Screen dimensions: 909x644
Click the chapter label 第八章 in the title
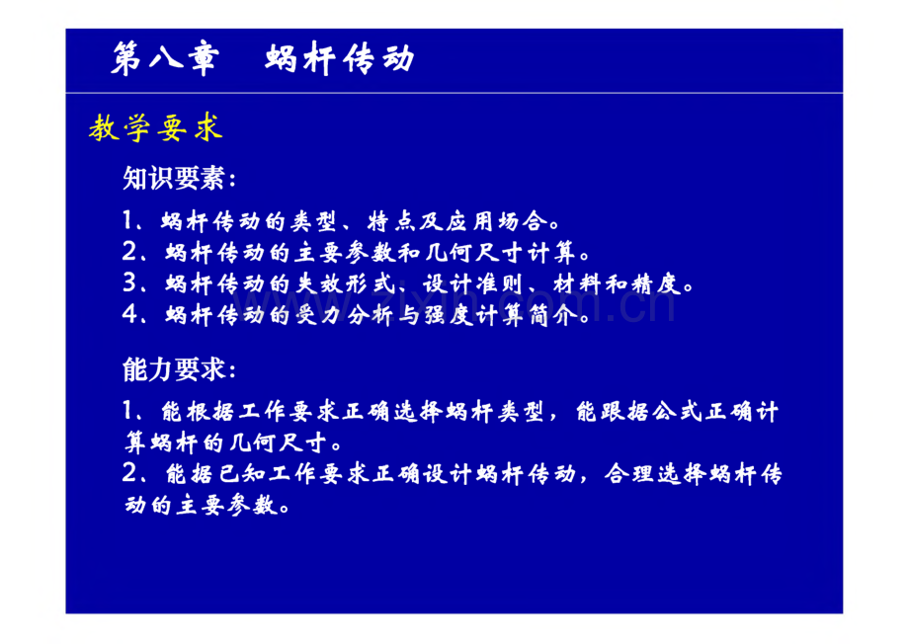pyautogui.click(x=165, y=58)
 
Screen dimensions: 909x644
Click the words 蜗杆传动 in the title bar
pyautogui.click(x=340, y=58)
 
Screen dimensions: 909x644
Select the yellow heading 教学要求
pyautogui.click(x=155, y=127)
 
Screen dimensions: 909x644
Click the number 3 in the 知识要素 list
pyautogui.click(x=129, y=283)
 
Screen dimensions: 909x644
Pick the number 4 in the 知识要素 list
pyautogui.click(x=129, y=315)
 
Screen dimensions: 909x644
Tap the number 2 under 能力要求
pyautogui.click(x=129, y=474)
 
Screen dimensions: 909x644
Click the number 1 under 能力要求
pyautogui.click(x=128, y=412)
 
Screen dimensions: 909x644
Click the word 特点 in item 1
pyautogui.click(x=392, y=221)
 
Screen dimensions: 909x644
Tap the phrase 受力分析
pyautogui.click(x=346, y=315)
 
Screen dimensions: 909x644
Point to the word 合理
pyautogui.click(x=629, y=475)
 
